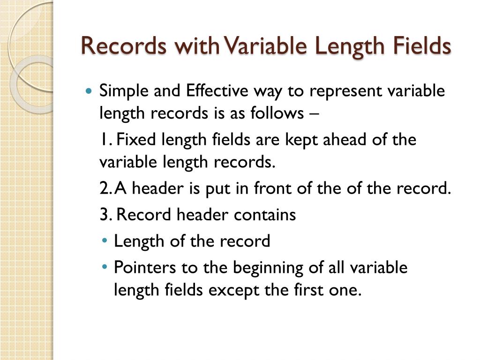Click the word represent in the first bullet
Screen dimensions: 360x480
[345, 90]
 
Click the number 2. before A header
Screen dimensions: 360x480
[106, 188]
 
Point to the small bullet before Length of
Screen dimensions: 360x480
[104, 241]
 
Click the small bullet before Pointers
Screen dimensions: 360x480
[104, 268]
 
